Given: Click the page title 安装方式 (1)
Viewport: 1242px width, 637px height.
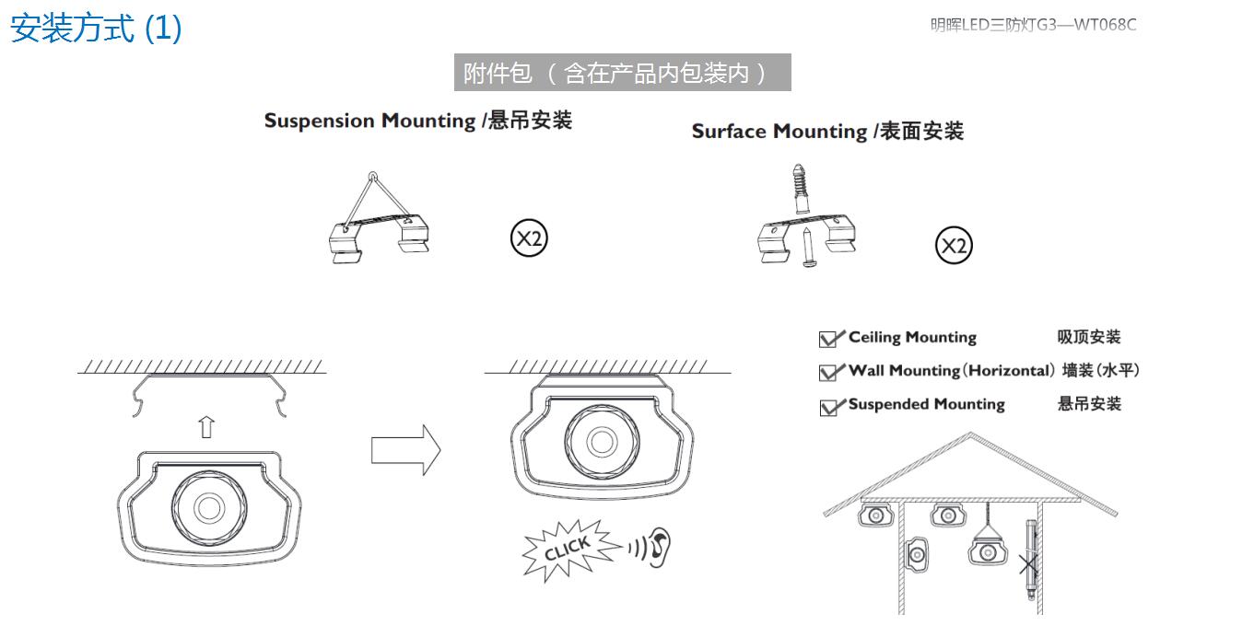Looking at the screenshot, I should (x=96, y=29).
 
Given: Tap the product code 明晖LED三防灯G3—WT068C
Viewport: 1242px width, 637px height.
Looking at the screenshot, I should (x=1033, y=25).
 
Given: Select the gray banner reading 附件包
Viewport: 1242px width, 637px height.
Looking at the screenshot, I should (x=622, y=73).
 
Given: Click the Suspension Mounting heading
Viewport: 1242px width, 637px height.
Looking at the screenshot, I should (x=417, y=121).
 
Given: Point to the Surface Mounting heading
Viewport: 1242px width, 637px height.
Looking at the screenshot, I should (x=826, y=132).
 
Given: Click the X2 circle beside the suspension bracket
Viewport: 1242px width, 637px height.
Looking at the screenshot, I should (x=529, y=239).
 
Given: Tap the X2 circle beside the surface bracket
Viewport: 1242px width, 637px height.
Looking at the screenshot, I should (x=954, y=246).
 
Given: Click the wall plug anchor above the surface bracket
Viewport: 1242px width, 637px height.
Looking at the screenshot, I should (x=799, y=191).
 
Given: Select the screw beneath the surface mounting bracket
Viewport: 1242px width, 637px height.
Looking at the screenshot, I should (x=807, y=249).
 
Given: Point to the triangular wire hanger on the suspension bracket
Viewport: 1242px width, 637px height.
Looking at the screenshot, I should (x=372, y=198).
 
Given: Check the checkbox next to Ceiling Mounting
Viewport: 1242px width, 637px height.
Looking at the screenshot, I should (x=828, y=339).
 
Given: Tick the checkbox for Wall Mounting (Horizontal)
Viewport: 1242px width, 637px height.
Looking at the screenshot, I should (x=828, y=372).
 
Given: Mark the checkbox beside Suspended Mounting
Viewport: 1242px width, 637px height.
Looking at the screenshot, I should (x=828, y=406).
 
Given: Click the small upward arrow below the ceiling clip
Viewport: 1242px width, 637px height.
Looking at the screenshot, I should (x=206, y=427).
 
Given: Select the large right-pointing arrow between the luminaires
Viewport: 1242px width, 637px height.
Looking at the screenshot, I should (x=405, y=450).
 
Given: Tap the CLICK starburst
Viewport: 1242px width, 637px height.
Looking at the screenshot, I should (x=566, y=550).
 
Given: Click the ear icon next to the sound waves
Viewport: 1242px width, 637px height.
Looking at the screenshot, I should (x=659, y=545).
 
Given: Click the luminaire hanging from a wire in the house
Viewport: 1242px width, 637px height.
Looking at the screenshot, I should (x=986, y=551).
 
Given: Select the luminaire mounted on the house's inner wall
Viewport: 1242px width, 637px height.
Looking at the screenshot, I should (x=918, y=554).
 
